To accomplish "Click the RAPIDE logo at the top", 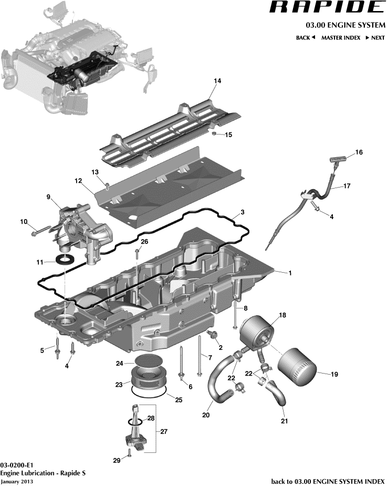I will click(x=327, y=7).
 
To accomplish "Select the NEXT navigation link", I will click(x=375, y=38).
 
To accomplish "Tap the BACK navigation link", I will click(x=305, y=38).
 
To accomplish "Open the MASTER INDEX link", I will click(x=340, y=38).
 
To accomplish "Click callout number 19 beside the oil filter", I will click(x=334, y=374).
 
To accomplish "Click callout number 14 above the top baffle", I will click(x=217, y=81).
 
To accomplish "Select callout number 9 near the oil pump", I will click(x=48, y=197).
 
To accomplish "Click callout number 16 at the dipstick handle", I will click(x=359, y=152).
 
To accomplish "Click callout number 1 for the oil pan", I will click(x=288, y=273).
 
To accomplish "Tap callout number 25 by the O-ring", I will click(x=178, y=400).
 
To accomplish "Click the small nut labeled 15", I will click(x=215, y=135).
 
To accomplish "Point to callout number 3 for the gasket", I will click(x=242, y=213).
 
